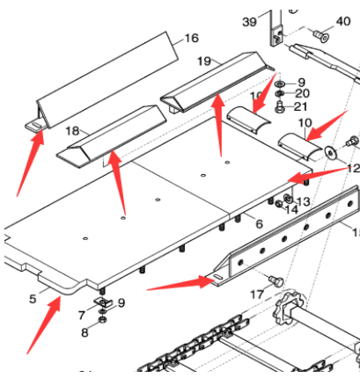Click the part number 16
(x=191, y=39)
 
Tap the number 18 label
(x=72, y=130)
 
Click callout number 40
(x=343, y=21)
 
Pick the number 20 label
(x=302, y=93)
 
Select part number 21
(x=302, y=106)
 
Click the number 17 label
(x=256, y=295)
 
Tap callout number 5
(x=32, y=299)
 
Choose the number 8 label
(x=84, y=332)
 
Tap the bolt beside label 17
(x=274, y=280)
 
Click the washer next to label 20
(x=280, y=93)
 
